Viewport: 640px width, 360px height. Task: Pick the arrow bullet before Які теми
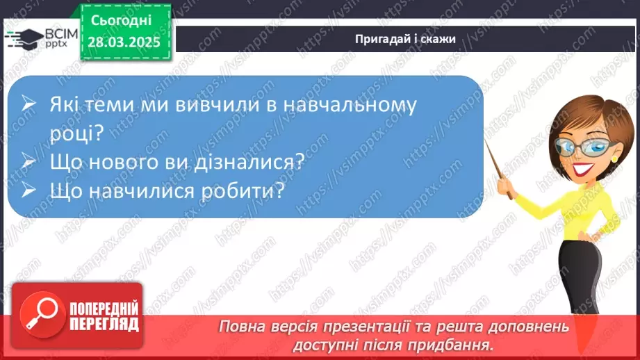(x=28, y=106)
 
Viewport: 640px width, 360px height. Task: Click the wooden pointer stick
(x=498, y=170)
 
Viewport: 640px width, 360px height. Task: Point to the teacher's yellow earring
(x=614, y=158)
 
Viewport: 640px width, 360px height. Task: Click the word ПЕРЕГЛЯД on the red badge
(x=105, y=324)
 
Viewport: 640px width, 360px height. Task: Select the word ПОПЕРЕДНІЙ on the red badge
(x=105, y=306)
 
